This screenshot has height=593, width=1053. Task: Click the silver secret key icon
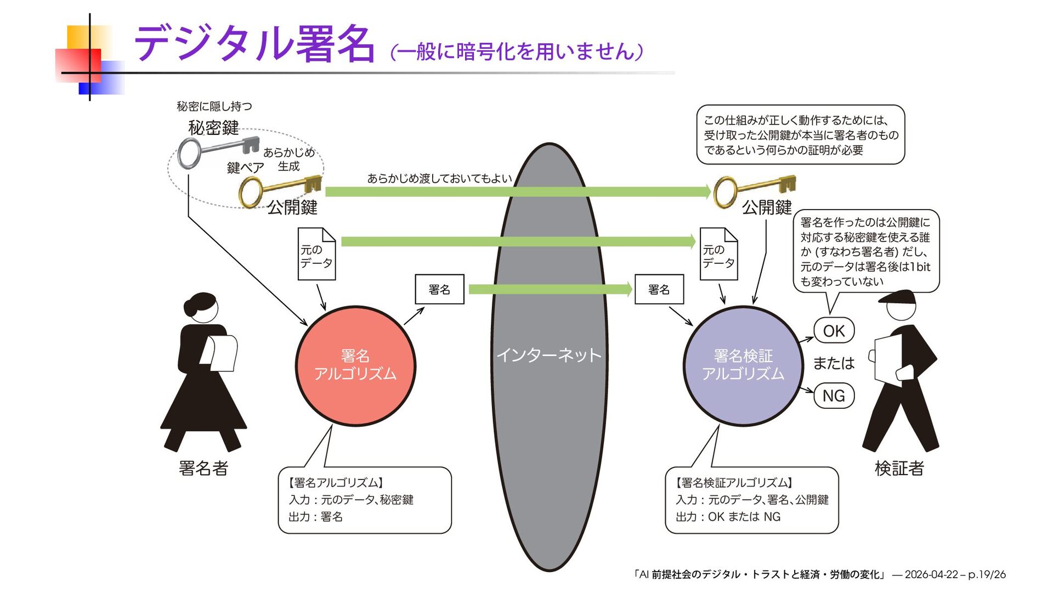point(217,150)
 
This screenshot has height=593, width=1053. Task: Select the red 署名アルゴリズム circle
point(355,365)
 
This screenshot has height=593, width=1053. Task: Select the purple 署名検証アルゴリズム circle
point(743,365)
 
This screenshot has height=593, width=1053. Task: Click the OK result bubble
point(834,331)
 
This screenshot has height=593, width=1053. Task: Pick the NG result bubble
point(834,396)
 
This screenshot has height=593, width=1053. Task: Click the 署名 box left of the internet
point(439,289)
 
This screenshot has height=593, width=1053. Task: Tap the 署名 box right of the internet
point(659,289)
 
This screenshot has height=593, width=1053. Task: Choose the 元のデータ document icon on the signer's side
point(316,254)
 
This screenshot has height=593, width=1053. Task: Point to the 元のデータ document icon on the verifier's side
point(718,254)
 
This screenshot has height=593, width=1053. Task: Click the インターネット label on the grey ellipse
point(549,355)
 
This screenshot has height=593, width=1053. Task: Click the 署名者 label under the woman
point(203,468)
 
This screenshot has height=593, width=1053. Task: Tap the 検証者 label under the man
point(899,468)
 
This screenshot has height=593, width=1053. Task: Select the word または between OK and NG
point(834,363)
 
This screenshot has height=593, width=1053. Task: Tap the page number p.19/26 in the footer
point(987,574)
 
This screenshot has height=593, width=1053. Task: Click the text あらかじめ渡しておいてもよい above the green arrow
point(439,178)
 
